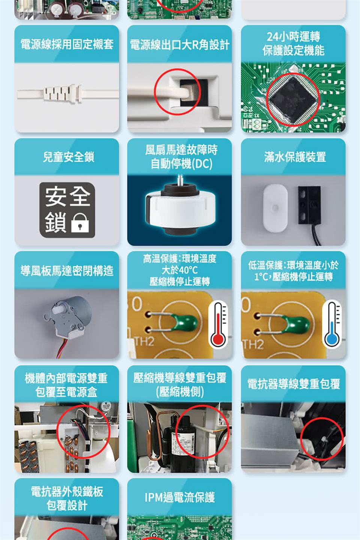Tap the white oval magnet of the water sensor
click(x=275, y=208)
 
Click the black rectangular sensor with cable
click(x=309, y=205)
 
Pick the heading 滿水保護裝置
click(x=294, y=157)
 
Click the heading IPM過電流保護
click(x=180, y=497)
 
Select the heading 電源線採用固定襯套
click(x=67, y=44)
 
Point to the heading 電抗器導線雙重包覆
click(x=293, y=384)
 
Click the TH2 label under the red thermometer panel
click(x=144, y=341)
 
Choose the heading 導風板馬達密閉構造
click(x=67, y=270)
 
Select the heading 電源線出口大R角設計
click(x=180, y=45)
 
